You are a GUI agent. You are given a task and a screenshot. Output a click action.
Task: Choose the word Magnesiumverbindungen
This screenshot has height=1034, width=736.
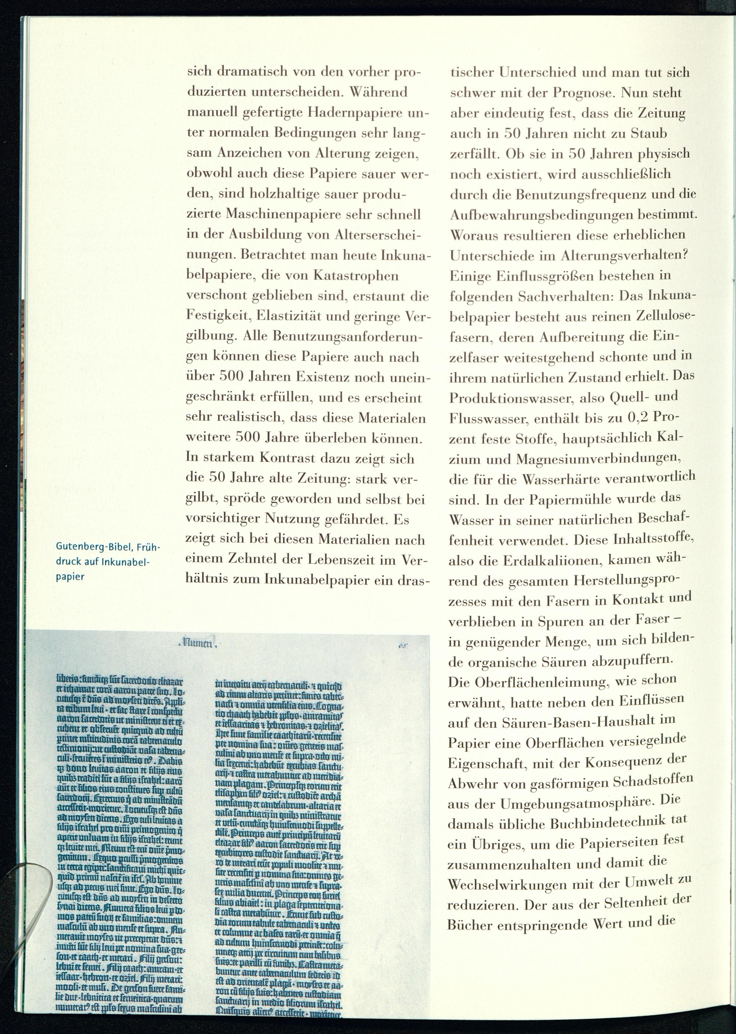599,458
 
